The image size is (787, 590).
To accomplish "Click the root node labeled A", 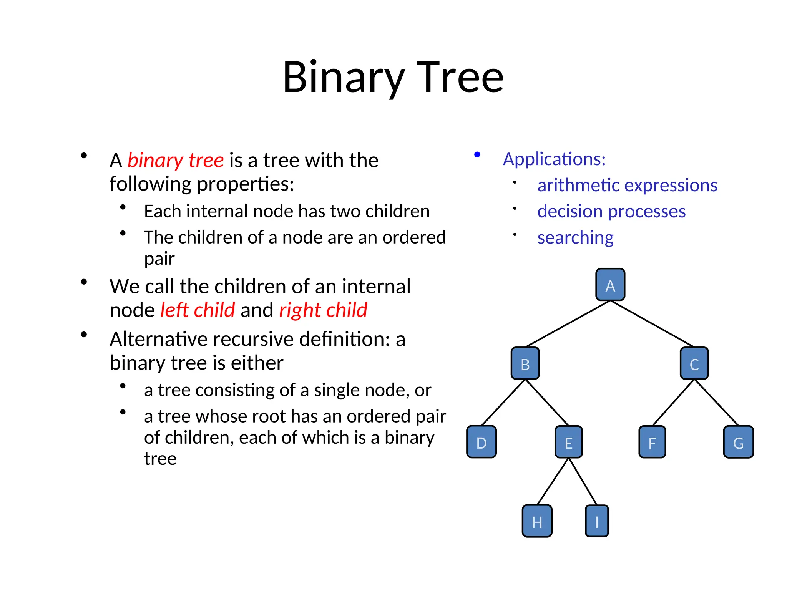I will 610,285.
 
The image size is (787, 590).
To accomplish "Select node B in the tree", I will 525,363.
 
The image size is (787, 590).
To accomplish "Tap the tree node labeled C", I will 694,363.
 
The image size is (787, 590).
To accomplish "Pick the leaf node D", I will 481,442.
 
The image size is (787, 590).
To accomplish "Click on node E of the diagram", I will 568,442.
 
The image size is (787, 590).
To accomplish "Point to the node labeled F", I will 652,442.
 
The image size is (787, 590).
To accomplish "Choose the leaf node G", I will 738,442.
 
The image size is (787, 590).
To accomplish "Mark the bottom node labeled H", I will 537,521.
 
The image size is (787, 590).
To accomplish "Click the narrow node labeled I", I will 597,521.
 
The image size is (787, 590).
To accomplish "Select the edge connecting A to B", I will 568,324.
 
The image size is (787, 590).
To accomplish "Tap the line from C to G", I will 716,403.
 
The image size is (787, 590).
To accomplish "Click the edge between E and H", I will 553,482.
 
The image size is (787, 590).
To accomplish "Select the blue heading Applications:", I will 554,159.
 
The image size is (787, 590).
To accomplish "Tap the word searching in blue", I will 575,238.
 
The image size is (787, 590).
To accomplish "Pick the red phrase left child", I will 198,310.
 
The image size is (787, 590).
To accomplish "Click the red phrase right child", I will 323,310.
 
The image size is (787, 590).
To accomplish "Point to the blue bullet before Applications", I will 477,155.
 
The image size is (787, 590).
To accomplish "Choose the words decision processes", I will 611,211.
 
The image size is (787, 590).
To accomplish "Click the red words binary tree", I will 176,160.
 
